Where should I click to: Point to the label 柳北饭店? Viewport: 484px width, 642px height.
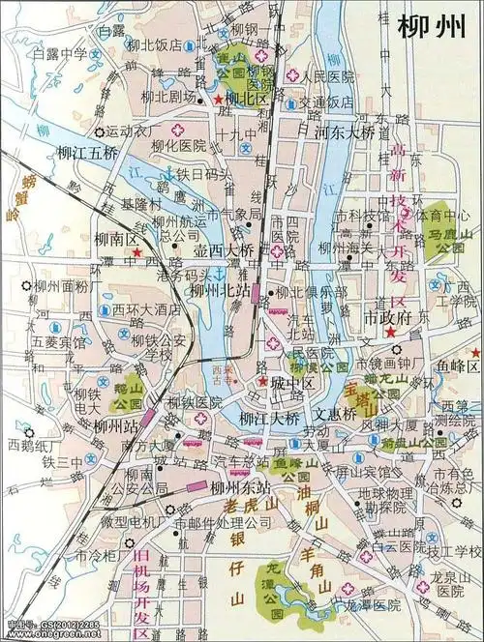click(174, 44)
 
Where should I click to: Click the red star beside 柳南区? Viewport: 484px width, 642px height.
click(137, 253)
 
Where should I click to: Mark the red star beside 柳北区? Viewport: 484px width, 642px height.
click(220, 99)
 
